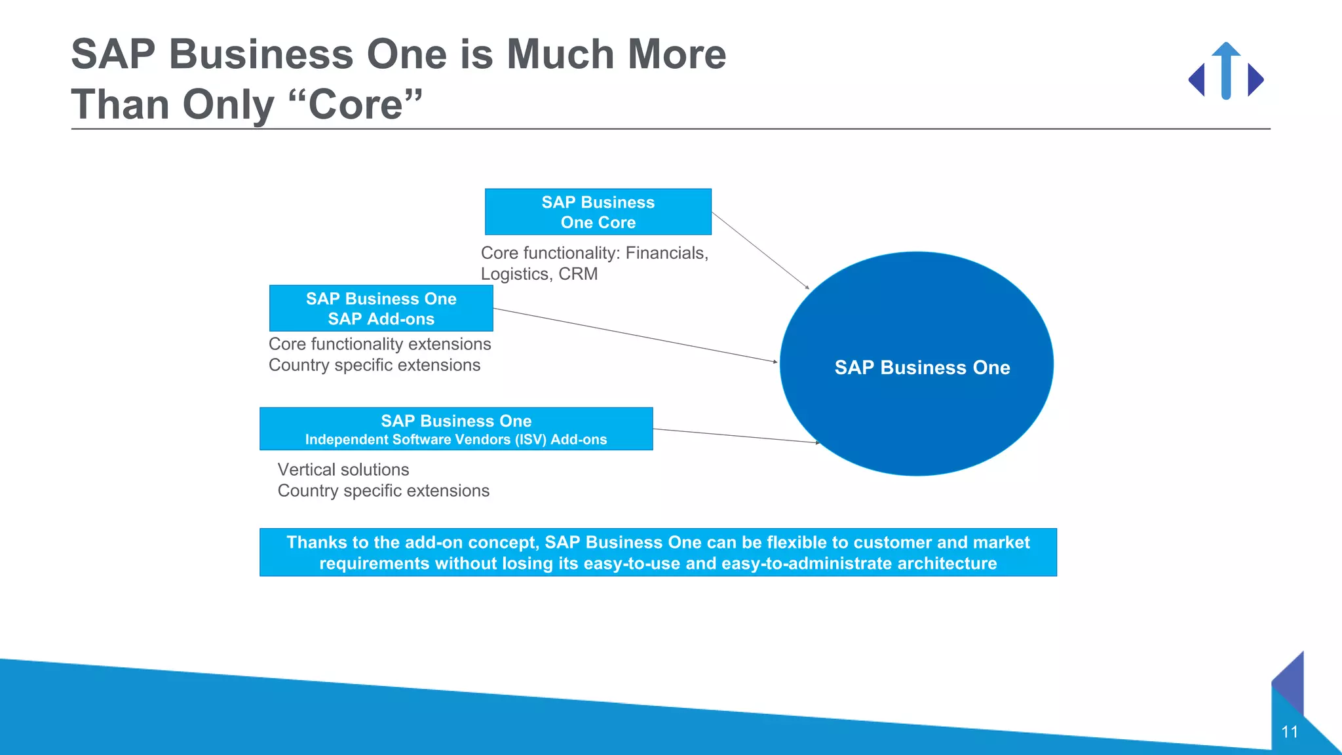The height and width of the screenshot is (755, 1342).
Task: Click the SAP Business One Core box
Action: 598,212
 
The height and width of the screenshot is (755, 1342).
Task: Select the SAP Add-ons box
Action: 381,308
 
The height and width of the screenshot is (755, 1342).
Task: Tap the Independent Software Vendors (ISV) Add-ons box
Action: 456,429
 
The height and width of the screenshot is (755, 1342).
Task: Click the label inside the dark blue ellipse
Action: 922,368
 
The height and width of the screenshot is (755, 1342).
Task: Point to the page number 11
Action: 1290,732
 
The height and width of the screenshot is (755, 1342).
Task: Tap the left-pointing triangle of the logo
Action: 1197,80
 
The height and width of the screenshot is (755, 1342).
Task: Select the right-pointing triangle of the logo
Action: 1254,80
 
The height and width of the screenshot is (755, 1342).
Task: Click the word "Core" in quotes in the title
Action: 356,105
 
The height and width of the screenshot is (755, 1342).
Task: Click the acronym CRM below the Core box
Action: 578,274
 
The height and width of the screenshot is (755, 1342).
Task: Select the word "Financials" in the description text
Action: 664,253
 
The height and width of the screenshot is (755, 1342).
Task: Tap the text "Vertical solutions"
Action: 343,470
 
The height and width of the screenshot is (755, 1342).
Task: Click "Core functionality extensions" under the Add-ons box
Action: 379,344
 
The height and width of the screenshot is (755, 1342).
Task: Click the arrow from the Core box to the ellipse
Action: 760,250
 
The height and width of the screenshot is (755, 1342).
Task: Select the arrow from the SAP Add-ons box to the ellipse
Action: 636,335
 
